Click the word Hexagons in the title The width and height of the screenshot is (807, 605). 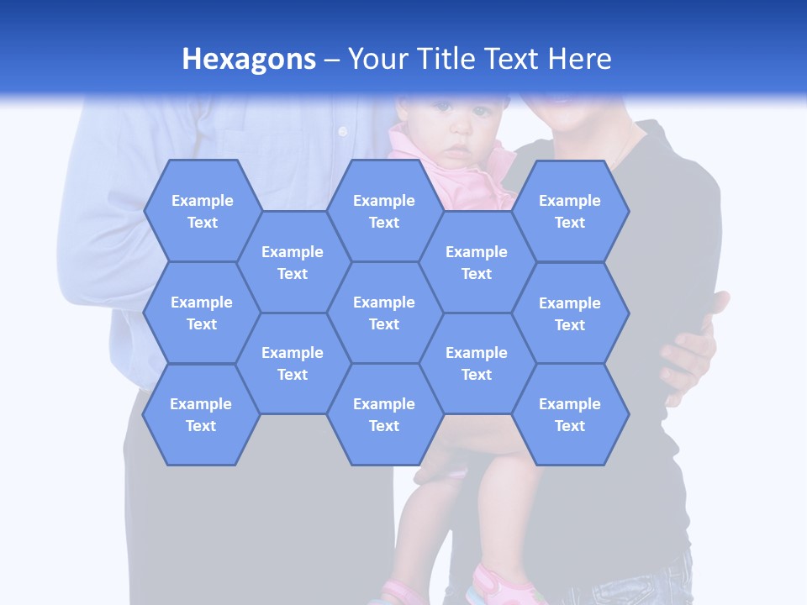tap(249, 59)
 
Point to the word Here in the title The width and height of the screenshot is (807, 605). tap(580, 59)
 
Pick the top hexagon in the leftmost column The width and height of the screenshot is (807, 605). tap(203, 211)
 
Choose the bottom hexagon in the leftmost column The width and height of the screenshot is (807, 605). tap(201, 414)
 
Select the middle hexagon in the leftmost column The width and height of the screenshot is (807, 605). tap(202, 313)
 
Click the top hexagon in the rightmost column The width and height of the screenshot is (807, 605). tap(570, 211)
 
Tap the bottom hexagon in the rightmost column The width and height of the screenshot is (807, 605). tap(570, 414)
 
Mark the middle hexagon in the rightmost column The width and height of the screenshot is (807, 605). tap(570, 313)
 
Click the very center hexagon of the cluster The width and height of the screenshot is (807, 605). tap(384, 313)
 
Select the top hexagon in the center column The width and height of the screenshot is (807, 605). tap(384, 211)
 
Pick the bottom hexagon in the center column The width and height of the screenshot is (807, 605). tap(384, 414)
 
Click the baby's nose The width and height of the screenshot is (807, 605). tap(457, 134)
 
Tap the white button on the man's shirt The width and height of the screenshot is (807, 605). tap(342, 131)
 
